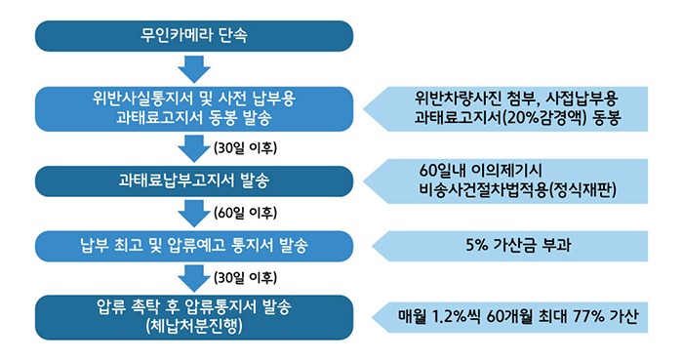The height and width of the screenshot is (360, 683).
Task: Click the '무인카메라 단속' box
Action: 194,37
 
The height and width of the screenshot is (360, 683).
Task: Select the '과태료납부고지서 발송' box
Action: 194,180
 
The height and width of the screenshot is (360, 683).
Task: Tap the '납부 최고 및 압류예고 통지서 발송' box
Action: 194,243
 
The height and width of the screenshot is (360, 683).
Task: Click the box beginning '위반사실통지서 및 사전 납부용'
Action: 194,108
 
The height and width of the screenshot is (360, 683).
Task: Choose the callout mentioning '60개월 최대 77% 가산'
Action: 517,317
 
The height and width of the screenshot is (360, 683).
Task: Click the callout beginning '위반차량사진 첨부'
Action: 512,108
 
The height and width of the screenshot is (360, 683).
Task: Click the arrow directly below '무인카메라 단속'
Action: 194,69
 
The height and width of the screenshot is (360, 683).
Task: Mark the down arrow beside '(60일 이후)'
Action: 194,212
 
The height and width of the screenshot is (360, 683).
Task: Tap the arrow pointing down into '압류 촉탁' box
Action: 194,276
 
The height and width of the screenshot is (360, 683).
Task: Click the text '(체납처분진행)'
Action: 195,326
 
